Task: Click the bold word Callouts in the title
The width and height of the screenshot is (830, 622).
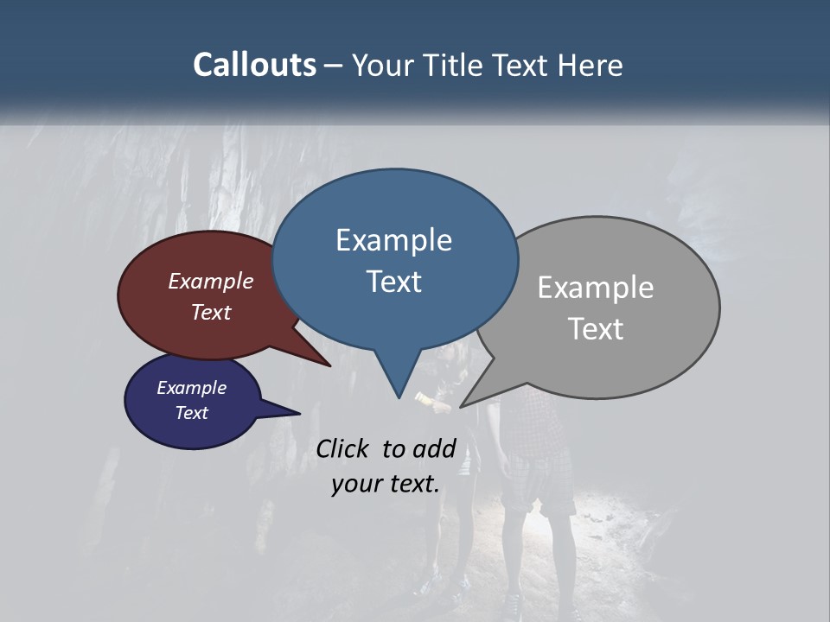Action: (254, 65)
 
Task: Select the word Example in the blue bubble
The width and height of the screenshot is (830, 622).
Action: (393, 240)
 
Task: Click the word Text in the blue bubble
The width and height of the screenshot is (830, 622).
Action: (393, 282)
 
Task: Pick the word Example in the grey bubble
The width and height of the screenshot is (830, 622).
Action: (595, 288)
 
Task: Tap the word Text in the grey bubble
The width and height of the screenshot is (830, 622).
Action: (595, 329)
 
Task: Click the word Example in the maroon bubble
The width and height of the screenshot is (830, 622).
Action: (210, 282)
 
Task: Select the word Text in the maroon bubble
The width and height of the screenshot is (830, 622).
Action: (210, 312)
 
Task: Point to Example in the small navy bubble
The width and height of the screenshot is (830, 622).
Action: (191, 388)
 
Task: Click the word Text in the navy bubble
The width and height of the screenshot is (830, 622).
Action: (191, 413)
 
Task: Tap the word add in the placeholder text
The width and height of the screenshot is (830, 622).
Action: (433, 449)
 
